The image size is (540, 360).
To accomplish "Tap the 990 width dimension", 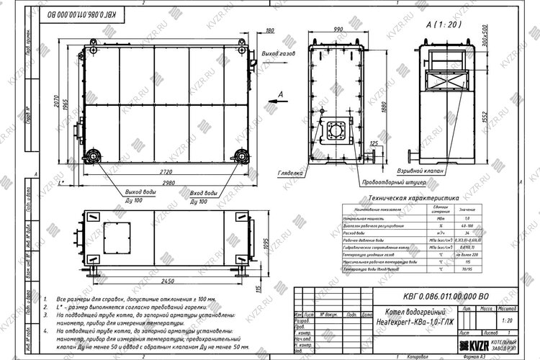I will [x=336, y=29].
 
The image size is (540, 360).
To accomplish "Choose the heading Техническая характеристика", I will [x=413, y=197].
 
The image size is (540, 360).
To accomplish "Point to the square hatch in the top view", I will [x=117, y=236].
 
